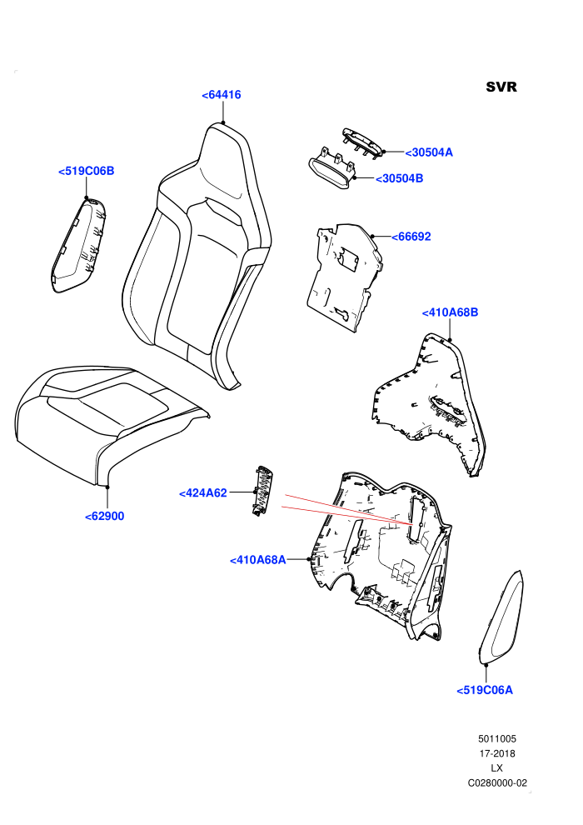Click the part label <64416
pyautogui.click(x=222, y=95)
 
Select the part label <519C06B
pyautogui.click(x=87, y=171)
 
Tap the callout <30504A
pyautogui.click(x=429, y=152)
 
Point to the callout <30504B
pyautogui.click(x=400, y=178)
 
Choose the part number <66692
pyautogui.click(x=411, y=237)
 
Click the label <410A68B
pyautogui.click(x=450, y=312)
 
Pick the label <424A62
pyautogui.click(x=203, y=493)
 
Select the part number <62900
pyautogui.click(x=105, y=516)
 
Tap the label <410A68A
pyautogui.click(x=257, y=560)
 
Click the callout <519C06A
pyautogui.click(x=485, y=690)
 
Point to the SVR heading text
pyautogui.click(x=501, y=87)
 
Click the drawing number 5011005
pyautogui.click(x=497, y=738)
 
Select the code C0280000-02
pyautogui.click(x=497, y=782)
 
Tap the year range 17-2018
pyautogui.click(x=497, y=753)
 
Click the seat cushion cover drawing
pyautogui.click(x=112, y=423)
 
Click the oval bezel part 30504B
pyautogui.click(x=330, y=169)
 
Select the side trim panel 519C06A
pyautogui.click(x=501, y=617)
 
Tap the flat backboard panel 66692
pyautogui.click(x=344, y=276)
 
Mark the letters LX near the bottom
pyautogui.click(x=496, y=768)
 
